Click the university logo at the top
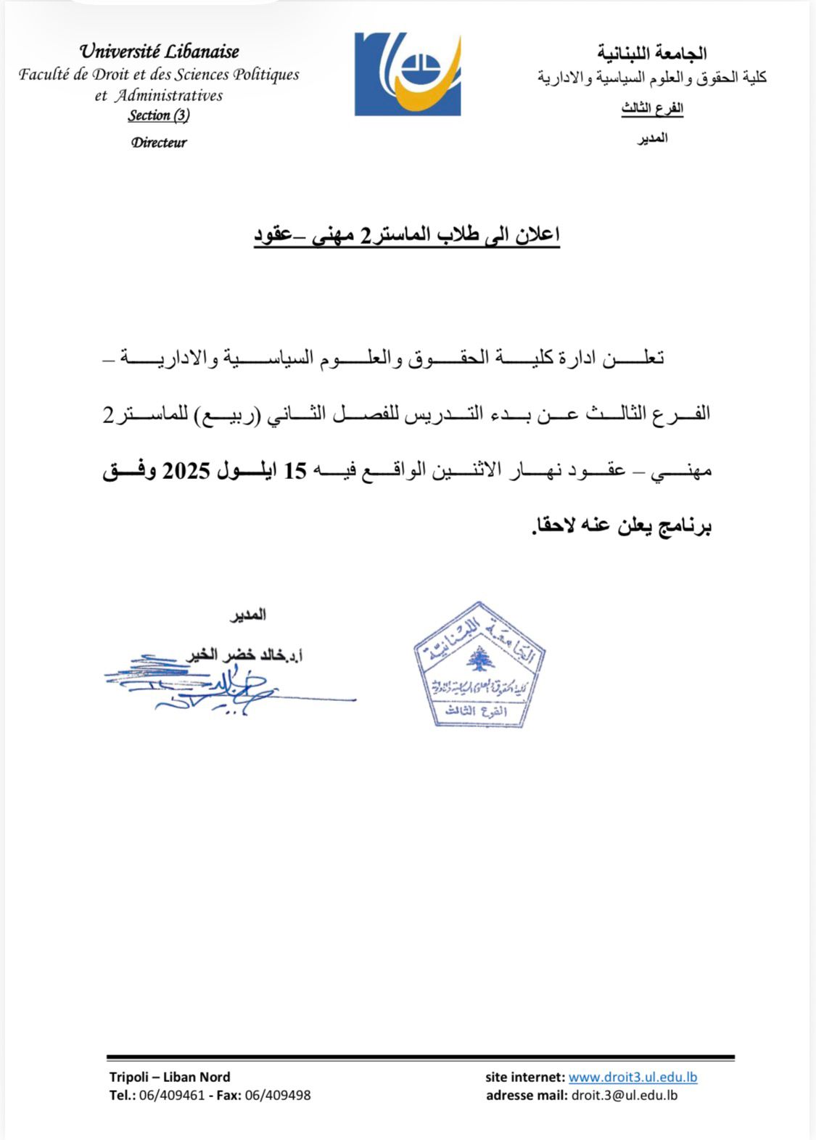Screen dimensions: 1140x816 [407, 74]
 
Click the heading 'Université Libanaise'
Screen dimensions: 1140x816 [159, 52]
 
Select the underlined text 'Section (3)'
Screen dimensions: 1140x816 [159, 115]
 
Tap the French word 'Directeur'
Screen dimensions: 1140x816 [159, 143]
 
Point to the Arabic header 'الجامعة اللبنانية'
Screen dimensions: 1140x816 [651, 53]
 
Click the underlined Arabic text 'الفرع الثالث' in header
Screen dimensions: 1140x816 [652, 109]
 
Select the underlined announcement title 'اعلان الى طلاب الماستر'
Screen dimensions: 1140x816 [406, 236]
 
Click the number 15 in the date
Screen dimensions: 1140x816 [295, 471]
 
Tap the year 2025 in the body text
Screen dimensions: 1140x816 [186, 471]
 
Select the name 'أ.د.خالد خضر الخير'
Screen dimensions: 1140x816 [244, 655]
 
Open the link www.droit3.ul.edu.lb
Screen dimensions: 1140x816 [632, 1078]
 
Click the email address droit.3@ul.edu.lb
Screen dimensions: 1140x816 [625, 1095]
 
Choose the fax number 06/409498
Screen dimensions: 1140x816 [278, 1095]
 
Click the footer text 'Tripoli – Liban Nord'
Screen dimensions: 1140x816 [170, 1078]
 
